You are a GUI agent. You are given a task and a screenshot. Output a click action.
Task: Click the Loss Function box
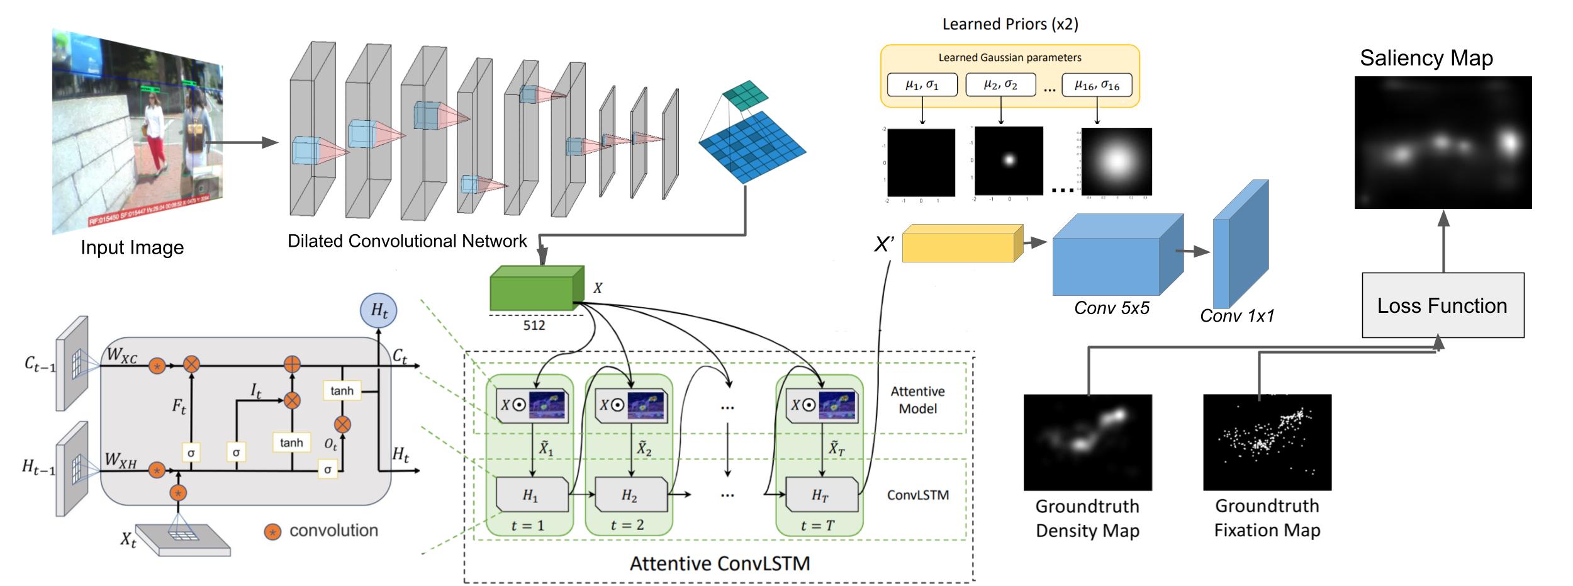[1442, 305]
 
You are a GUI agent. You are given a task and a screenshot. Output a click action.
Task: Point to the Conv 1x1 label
[1236, 316]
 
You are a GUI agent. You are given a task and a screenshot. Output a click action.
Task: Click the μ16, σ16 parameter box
[1096, 85]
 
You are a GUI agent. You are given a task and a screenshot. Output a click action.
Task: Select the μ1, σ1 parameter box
[922, 85]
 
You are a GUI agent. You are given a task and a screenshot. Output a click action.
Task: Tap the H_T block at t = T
[822, 495]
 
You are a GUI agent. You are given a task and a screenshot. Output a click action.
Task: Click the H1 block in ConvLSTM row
[532, 495]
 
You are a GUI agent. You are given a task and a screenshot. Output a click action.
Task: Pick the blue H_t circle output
[378, 310]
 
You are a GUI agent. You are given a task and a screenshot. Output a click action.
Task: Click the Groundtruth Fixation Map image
[1267, 442]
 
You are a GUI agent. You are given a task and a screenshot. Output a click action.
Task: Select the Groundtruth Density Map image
[1087, 442]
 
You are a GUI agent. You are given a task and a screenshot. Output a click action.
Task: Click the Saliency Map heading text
[1426, 59]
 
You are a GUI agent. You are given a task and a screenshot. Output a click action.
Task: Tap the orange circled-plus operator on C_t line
[292, 364]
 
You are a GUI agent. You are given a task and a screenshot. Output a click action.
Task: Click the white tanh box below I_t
[291, 442]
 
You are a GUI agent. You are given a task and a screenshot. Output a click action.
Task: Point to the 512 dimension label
[534, 325]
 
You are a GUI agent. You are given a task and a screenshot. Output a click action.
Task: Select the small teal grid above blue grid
[746, 95]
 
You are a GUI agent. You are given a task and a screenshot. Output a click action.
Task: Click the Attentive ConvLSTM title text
[720, 563]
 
